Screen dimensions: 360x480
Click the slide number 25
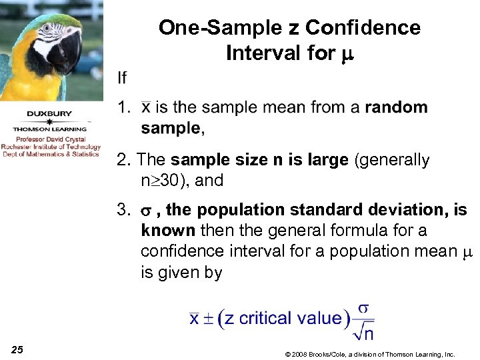pyautogui.click(x=17, y=350)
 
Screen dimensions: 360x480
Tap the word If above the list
pyautogui.click(x=121, y=78)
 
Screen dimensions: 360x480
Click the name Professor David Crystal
pyautogui.click(x=51, y=139)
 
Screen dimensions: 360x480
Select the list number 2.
pyautogui.click(x=121, y=160)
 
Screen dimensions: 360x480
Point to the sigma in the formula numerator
pyautogui.click(x=363, y=309)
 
